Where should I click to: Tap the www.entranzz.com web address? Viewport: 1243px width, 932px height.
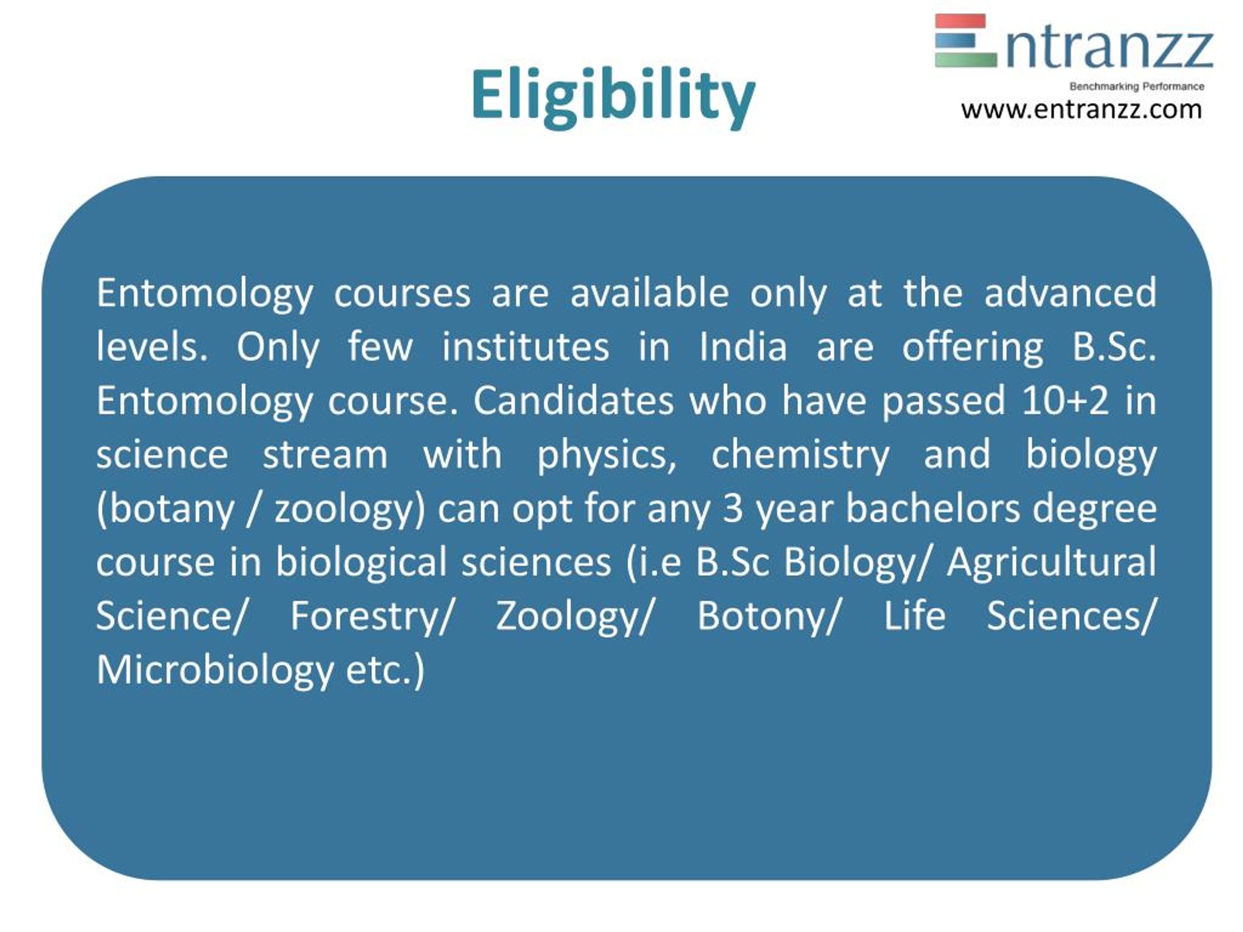(1081, 110)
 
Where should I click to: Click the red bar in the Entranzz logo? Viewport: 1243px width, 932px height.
(960, 21)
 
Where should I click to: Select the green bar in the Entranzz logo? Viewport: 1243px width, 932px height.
(965, 60)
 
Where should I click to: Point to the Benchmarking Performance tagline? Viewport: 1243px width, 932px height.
(1136, 86)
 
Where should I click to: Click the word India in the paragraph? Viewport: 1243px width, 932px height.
(743, 347)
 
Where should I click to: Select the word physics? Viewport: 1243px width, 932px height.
(607, 454)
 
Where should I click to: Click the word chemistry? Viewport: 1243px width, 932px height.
(801, 454)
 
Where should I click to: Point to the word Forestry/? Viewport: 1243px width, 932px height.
(371, 616)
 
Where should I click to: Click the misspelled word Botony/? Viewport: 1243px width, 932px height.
(768, 616)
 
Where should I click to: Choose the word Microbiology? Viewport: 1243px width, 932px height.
(215, 670)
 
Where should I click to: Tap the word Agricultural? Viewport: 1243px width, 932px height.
(1051, 562)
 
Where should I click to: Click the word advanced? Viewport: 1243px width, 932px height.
(1071, 293)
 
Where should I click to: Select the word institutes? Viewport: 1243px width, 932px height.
(525, 347)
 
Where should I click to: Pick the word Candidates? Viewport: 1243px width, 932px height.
(573, 400)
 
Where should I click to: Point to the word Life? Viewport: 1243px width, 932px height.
(915, 616)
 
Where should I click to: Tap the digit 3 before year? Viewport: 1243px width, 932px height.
(733, 508)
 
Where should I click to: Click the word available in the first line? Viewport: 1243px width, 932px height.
(650, 293)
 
